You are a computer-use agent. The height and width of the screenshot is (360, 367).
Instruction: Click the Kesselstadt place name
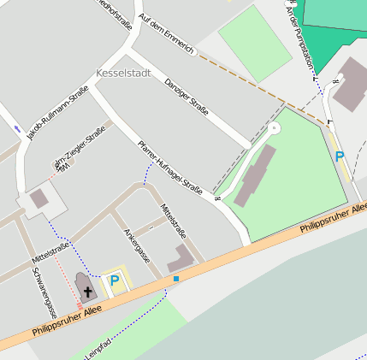pyautogui.click(x=124, y=74)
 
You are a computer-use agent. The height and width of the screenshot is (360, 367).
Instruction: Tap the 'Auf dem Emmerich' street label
pyautogui.click(x=166, y=32)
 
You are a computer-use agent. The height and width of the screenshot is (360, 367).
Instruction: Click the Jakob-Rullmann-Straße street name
pyautogui.click(x=57, y=116)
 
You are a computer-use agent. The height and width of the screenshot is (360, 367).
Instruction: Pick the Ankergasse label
pyautogui.click(x=137, y=245)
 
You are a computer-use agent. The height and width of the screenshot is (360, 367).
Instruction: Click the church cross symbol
pyautogui.click(x=86, y=291)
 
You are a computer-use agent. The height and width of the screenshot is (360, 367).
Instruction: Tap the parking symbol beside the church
pyautogui.click(x=114, y=280)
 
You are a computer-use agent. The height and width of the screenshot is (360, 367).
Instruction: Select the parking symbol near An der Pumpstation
pyautogui.click(x=340, y=156)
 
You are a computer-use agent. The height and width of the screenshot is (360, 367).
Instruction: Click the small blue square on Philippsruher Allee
pyautogui.click(x=176, y=279)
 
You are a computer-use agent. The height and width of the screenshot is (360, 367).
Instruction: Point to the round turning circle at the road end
pyautogui.click(x=274, y=127)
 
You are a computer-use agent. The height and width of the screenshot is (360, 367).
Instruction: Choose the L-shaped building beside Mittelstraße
pyautogui.click(x=181, y=258)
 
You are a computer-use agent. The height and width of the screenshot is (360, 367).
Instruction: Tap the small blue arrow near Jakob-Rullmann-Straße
pyautogui.click(x=17, y=130)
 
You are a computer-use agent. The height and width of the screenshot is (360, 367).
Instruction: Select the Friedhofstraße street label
pyautogui.click(x=115, y=14)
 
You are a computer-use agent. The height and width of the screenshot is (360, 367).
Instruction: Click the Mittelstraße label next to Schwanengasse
pyautogui.click(x=50, y=252)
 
